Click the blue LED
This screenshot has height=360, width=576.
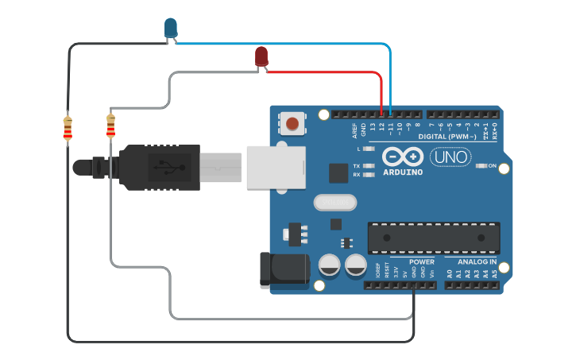[x=170, y=28]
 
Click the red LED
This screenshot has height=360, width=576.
[x=261, y=56]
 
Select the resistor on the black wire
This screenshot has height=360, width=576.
[x=68, y=128]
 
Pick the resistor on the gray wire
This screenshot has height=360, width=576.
[x=110, y=126]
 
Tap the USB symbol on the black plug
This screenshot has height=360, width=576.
[x=168, y=167]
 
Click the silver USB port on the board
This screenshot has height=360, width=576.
[x=276, y=167]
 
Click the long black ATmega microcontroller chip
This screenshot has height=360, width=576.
[x=433, y=237]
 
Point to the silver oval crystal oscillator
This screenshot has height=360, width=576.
[x=332, y=203]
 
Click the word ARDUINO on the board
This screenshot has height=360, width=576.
[x=403, y=172]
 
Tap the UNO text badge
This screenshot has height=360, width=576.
[x=450, y=157]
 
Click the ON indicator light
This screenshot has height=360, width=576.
[x=482, y=166]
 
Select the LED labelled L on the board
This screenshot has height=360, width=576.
[x=368, y=149]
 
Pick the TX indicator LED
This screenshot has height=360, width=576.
[x=368, y=166]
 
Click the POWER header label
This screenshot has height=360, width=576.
[x=421, y=261]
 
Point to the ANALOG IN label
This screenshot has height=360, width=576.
[x=476, y=261]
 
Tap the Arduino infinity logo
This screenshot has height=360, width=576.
[x=403, y=156]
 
